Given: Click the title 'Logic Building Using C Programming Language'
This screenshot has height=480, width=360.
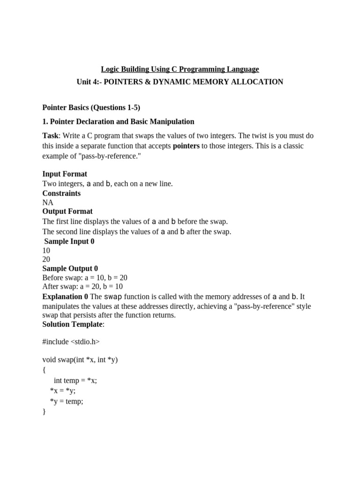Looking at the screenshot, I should [180, 69].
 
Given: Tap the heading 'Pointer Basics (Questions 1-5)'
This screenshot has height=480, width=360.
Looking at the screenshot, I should [91, 107].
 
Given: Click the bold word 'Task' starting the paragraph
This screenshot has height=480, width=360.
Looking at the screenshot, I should [50, 136].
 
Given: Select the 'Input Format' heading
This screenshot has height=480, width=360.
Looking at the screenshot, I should [65, 174].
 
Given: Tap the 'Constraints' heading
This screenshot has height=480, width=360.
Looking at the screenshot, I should [61, 193].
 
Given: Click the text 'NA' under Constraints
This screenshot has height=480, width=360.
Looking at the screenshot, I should [48, 202].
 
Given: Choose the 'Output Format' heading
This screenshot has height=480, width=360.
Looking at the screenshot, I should [67, 211].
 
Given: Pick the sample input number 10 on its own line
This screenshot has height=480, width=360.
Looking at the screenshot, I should [46, 251].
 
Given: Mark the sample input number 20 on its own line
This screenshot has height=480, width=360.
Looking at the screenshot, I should [46, 260].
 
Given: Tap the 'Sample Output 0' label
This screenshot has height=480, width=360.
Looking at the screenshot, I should [70, 269].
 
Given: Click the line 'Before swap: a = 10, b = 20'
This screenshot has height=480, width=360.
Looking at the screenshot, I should [85, 277].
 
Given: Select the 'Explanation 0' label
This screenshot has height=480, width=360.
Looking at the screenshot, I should [65, 297].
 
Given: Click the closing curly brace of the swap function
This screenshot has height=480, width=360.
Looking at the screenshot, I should [44, 412].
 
